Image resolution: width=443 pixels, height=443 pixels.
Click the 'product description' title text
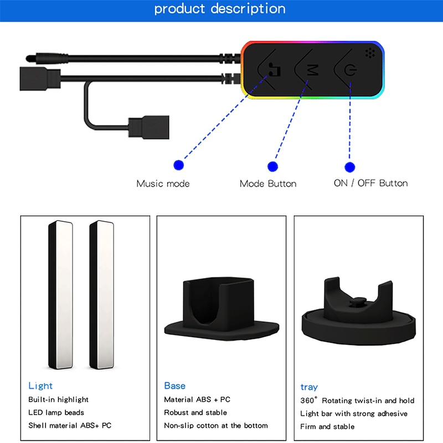coord(220,9)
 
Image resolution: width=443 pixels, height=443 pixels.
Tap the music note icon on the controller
coord(274,70)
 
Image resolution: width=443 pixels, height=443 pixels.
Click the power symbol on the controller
coord(351,70)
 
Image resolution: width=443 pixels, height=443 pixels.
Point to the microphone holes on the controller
coord(370,53)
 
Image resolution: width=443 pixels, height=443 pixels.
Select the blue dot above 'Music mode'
coord(178,165)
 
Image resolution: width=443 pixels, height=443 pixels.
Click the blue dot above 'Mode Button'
coord(272,167)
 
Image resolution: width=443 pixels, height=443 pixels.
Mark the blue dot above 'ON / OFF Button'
coord(350,167)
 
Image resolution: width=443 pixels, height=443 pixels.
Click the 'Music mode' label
coord(163,184)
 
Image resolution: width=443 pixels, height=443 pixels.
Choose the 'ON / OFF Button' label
coord(370,183)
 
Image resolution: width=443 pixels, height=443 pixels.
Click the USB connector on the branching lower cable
coord(149,127)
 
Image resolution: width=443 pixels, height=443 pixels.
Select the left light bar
coord(60,295)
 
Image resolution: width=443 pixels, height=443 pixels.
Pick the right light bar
coord(102,295)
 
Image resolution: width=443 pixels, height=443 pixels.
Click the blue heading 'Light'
coord(40,385)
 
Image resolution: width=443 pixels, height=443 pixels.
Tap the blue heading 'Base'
coord(174,385)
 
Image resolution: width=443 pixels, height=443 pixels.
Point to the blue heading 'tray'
coord(309,387)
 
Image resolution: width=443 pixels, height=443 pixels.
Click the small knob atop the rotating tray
coord(358,302)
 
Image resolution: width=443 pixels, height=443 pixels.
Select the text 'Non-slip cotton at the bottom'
coord(216,425)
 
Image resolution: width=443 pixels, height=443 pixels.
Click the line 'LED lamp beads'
coord(56,413)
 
